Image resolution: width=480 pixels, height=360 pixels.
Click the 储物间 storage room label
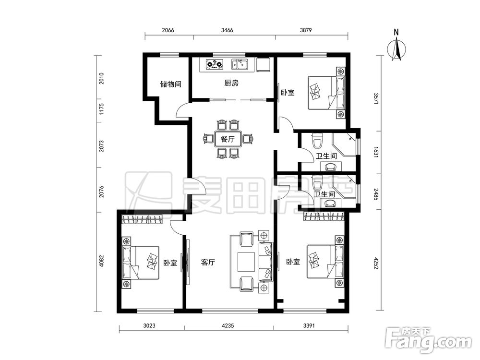pyautogui.click(x=170, y=84)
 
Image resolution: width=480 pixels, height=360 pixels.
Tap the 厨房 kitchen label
pyautogui.click(x=231, y=83)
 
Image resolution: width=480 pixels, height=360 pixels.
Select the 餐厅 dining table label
pyautogui.click(x=228, y=139)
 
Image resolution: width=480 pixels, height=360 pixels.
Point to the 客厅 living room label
pyautogui.click(x=208, y=262)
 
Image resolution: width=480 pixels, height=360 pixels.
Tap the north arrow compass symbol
pyautogui.click(x=396, y=48)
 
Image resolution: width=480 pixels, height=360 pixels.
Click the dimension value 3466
pyautogui.click(x=227, y=30)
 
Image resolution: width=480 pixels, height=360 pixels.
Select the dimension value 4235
pyautogui.click(x=228, y=326)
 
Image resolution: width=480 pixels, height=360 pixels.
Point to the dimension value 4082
pyautogui.click(x=102, y=261)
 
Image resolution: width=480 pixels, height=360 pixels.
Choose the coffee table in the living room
pyautogui.click(x=246, y=262)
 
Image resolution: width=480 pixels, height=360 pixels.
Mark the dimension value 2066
pyautogui.click(x=168, y=30)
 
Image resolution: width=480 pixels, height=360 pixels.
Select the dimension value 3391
pyautogui.click(x=309, y=326)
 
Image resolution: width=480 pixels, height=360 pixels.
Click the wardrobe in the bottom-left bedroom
pyautogui.click(x=142, y=219)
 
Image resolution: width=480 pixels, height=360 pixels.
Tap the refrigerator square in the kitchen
pyautogui.click(x=263, y=65)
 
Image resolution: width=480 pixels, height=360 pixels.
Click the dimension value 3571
pyautogui.click(x=376, y=99)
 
